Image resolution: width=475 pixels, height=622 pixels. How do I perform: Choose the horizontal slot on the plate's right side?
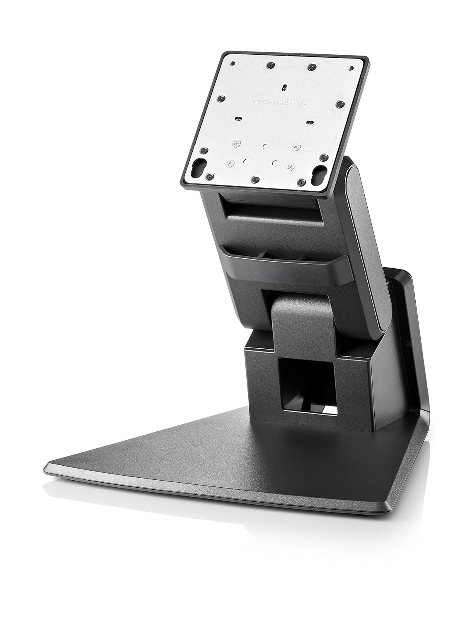(310, 121)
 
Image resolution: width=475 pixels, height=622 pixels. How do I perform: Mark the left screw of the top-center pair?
(270, 65)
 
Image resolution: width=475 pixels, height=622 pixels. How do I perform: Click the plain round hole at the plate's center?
(265, 146)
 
